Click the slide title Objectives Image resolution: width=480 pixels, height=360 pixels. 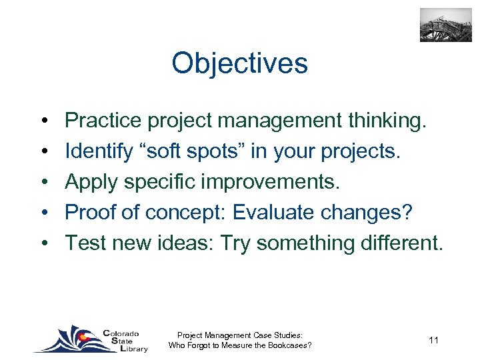pos(239,64)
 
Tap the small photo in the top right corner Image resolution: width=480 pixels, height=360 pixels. pos(445,25)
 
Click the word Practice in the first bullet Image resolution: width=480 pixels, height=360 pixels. pos(103,121)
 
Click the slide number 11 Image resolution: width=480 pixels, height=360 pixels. pos(433,341)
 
